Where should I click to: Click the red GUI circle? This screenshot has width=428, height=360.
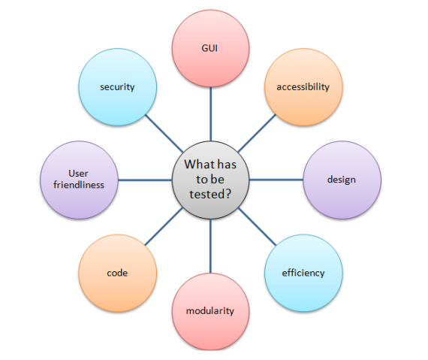click(x=210, y=49)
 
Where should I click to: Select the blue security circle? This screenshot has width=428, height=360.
click(x=118, y=87)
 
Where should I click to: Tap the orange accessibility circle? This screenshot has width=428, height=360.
click(x=303, y=87)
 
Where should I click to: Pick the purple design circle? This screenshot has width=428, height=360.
click(x=342, y=180)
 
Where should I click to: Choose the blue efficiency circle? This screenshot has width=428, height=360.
click(x=303, y=273)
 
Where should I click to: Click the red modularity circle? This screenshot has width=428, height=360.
click(x=210, y=311)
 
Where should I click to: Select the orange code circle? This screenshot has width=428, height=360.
click(x=118, y=273)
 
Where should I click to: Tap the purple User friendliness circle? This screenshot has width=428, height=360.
click(x=79, y=180)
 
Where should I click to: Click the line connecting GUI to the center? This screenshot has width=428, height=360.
click(x=210, y=114)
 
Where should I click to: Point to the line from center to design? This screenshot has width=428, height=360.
click(x=276, y=180)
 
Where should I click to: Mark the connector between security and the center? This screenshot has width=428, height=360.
click(x=164, y=133)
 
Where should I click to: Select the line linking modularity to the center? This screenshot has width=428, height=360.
click(x=210, y=246)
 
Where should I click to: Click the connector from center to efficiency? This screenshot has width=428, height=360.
click(x=257, y=226)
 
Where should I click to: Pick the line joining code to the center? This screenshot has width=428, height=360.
click(x=164, y=226)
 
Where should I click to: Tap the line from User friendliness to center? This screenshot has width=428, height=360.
click(x=145, y=180)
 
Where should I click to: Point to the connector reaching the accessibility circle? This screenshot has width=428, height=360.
click(x=257, y=133)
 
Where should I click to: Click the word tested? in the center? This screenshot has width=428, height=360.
click(x=210, y=194)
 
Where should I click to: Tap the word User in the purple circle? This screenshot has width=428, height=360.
click(x=78, y=173)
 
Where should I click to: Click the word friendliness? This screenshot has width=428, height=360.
click(x=79, y=185)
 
